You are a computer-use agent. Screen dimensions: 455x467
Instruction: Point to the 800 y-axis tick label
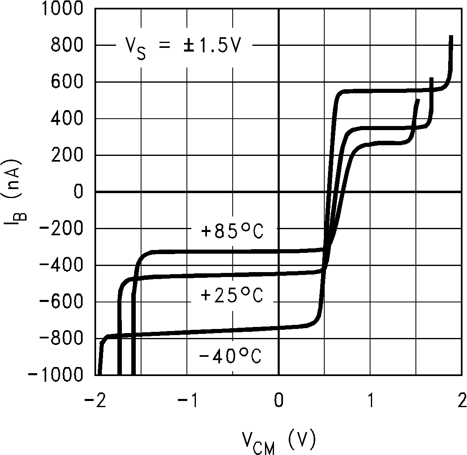tap(67, 45)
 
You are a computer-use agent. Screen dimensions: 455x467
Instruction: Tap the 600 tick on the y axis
tap(67, 82)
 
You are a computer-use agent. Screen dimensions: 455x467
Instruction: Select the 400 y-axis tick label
tap(67, 119)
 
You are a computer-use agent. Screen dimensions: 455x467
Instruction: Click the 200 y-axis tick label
tap(67, 155)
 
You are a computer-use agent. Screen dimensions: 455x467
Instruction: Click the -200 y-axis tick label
tap(61, 229)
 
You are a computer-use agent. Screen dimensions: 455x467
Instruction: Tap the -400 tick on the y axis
tap(61, 266)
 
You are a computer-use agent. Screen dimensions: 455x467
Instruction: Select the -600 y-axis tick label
tap(61, 302)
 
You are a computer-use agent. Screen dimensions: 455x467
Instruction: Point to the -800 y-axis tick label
tap(61, 339)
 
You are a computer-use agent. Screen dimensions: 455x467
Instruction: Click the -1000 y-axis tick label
tap(56, 375)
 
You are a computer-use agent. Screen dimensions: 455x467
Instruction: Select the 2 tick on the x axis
tap(462, 401)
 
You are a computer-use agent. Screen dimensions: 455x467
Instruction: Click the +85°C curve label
tap(232, 232)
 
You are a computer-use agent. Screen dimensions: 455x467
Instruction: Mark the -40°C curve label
tap(230, 356)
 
